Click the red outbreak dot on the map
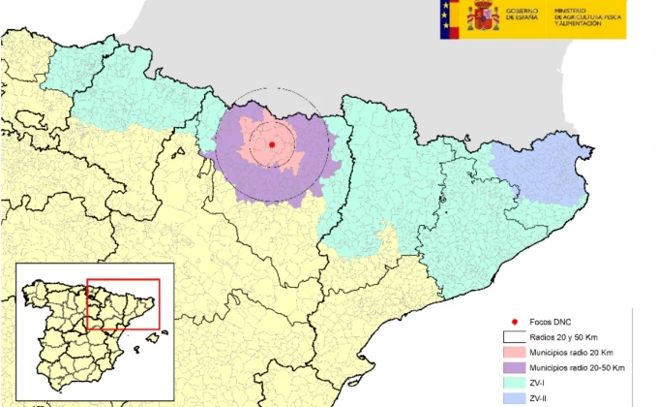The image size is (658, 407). coord(272,144)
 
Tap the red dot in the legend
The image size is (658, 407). coord(516,320)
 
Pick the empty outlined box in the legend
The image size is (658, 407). coord(516,336)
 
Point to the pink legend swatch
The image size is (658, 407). coord(516,353)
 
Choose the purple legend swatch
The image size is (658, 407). coord(516,369)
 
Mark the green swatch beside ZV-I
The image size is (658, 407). coord(516,386)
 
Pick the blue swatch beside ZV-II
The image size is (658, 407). coord(516,401)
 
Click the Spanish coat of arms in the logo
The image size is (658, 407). coord(483,16)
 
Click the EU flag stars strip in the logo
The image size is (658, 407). coord(447,17)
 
